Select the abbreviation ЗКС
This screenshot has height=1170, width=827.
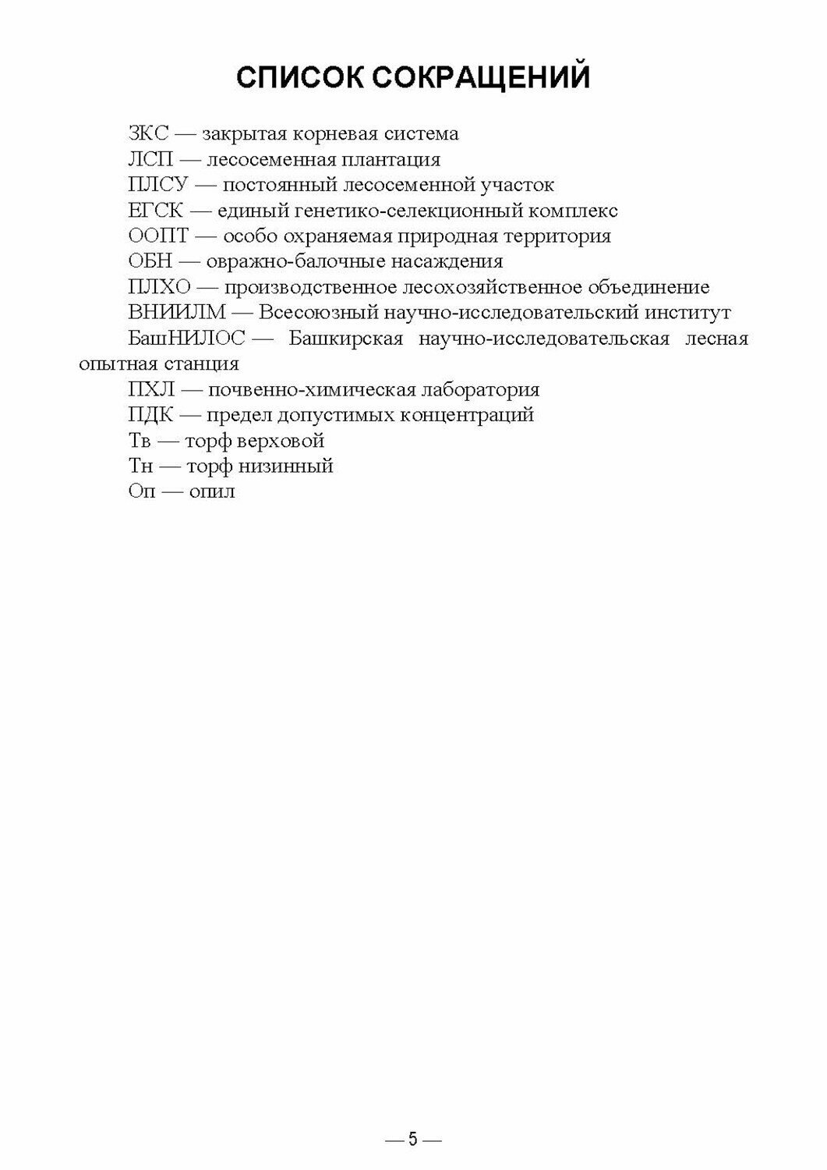point(148,134)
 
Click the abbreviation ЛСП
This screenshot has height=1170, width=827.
point(147,160)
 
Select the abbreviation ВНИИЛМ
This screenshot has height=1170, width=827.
point(177,314)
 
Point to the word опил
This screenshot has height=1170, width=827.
point(212,492)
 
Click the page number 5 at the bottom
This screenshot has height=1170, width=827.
point(413,1140)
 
